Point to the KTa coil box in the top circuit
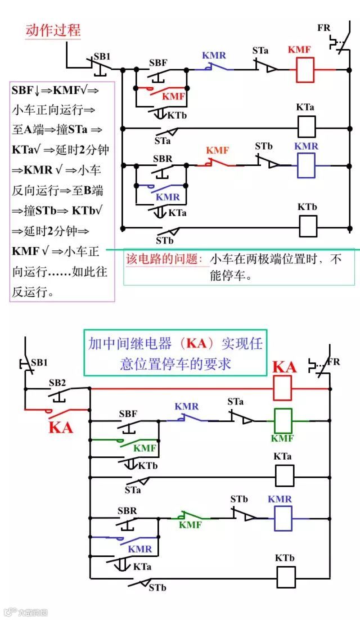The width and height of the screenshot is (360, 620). (307, 127)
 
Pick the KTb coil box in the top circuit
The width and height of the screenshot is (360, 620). (307, 226)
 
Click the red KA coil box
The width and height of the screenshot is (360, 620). (282, 388)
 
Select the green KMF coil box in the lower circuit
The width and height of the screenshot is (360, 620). (282, 419)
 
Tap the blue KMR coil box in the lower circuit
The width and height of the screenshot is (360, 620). (283, 518)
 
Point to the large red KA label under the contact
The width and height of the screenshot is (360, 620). (61, 426)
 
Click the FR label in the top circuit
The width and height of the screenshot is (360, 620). (324, 28)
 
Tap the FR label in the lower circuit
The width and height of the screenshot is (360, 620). (334, 361)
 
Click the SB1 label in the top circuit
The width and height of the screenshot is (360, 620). (102, 56)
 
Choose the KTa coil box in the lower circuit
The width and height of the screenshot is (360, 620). (283, 475)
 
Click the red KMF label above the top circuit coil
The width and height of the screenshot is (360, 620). (299, 50)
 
